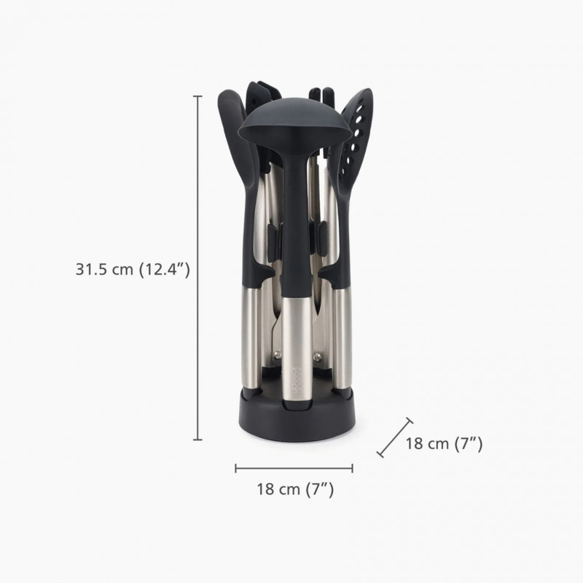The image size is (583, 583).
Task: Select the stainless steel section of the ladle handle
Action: [294, 335]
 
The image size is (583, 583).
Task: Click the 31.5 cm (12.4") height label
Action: [133, 269]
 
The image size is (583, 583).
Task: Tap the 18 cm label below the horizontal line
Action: [295, 489]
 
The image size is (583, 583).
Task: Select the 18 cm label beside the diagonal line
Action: [444, 443]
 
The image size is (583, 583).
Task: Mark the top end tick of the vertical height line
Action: [197, 95]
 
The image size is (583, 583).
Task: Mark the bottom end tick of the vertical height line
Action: [197, 439]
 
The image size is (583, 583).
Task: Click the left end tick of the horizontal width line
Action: [236, 468]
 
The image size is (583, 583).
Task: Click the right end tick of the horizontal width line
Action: [353, 468]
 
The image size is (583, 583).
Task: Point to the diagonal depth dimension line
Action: [394, 437]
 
